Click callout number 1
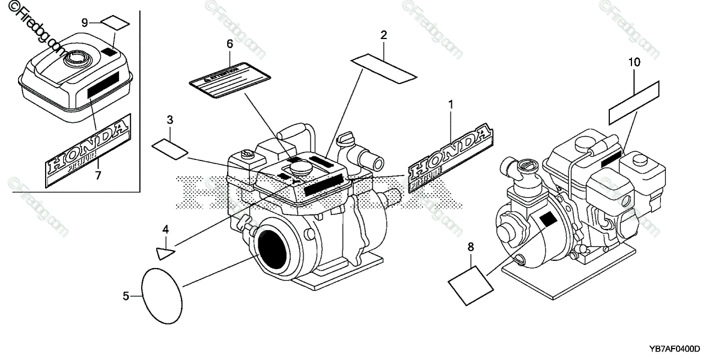(449, 105)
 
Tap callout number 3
(170, 120)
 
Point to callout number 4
(165, 228)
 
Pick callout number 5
(126, 295)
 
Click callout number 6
(230, 44)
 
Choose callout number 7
(98, 175)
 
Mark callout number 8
(470, 246)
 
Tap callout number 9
(85, 22)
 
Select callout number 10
(634, 62)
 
